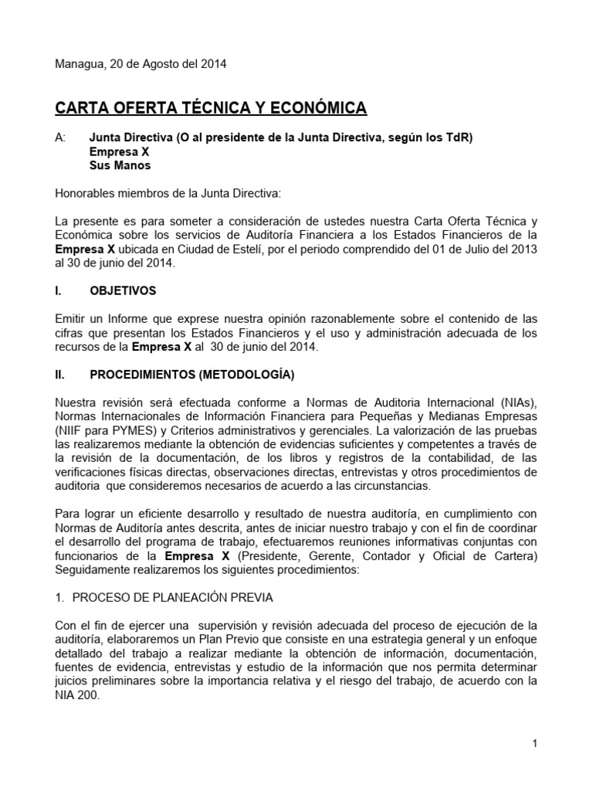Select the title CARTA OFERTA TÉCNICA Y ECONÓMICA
tap(211, 107)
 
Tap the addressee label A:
tap(61, 138)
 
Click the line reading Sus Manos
tap(120, 165)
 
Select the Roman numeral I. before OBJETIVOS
tap(59, 291)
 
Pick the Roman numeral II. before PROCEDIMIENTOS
tap(61, 375)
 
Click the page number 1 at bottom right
tap(534, 743)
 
